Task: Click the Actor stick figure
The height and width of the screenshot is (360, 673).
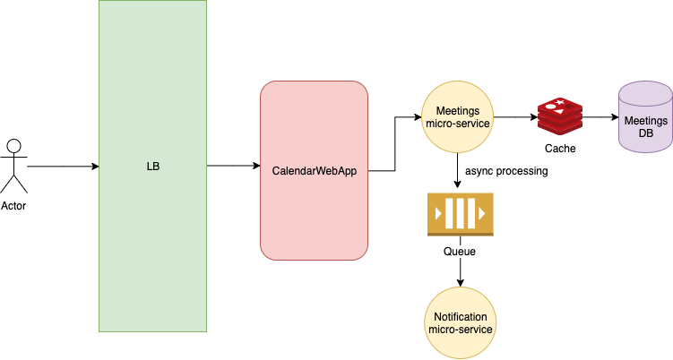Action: [x=13, y=167]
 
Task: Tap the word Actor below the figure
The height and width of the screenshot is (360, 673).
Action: [x=13, y=207]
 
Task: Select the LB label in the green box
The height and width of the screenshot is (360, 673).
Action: [x=152, y=167]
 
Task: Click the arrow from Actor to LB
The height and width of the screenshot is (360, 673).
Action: [x=63, y=167]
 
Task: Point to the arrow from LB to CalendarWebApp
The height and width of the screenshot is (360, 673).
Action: [x=233, y=166]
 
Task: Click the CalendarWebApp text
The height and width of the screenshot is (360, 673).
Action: [x=314, y=170]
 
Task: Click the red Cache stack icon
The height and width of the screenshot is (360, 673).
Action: [x=560, y=117]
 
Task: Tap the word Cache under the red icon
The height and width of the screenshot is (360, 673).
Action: [x=560, y=149]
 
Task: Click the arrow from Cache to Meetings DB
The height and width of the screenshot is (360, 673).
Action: [x=600, y=116]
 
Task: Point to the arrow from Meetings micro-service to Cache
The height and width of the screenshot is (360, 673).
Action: [x=515, y=116]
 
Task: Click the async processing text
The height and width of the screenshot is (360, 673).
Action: [x=506, y=170]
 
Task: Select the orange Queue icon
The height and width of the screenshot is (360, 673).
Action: [x=460, y=214]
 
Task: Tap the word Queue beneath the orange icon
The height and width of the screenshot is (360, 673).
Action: [x=460, y=252]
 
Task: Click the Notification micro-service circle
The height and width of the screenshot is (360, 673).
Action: [x=461, y=323]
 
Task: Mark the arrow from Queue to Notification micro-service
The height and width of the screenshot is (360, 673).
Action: [x=461, y=273]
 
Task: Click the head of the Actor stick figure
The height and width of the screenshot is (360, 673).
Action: [x=13, y=145]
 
